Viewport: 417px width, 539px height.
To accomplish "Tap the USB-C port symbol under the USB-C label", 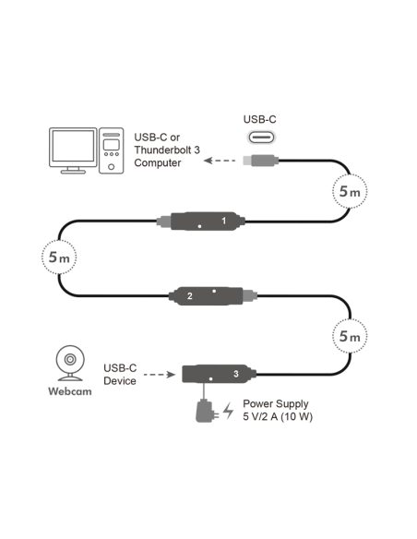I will click(259, 136).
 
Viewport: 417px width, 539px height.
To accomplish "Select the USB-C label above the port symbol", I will click(259, 118).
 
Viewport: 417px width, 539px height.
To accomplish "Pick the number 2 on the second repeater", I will click(189, 296).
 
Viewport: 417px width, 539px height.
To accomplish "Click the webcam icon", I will click(69, 363).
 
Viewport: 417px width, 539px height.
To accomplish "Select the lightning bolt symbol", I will click(228, 411).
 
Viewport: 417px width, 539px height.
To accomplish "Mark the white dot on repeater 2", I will click(214, 290).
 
